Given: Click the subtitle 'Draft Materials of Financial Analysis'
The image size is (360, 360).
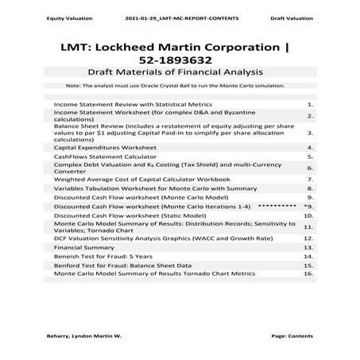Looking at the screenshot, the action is coord(180,72).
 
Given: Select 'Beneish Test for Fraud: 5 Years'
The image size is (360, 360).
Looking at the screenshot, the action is coord(103,257).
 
